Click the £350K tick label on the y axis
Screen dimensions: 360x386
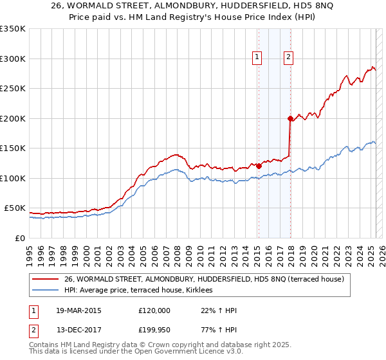point(13,29)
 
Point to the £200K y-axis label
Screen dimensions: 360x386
point(13,118)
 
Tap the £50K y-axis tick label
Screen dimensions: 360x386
point(15,208)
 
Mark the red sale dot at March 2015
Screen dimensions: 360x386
point(259,166)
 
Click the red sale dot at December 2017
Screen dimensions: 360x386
point(290,118)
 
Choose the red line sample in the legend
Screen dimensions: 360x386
point(46,279)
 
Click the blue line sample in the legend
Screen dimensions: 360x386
point(46,291)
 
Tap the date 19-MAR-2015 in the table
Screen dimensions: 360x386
point(74,310)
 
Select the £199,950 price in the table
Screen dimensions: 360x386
point(154,330)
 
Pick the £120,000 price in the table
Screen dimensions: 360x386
point(154,310)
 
